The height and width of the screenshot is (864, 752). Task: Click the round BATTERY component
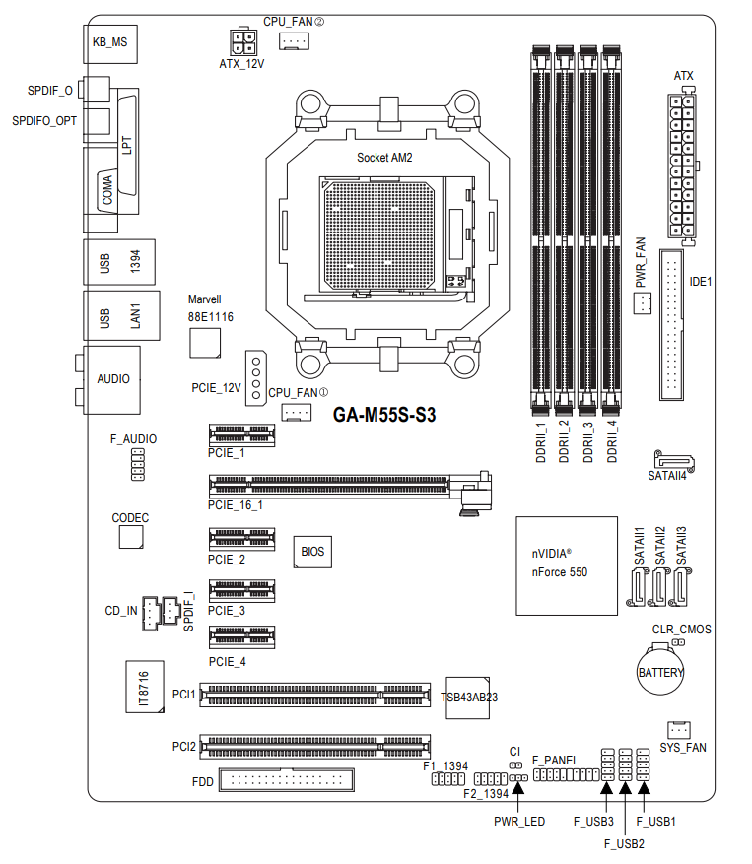coord(659,672)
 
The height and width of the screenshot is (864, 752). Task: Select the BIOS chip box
coord(311,551)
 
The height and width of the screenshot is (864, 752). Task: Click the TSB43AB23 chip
coord(468,697)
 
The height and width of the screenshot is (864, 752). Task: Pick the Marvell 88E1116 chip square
coord(205,341)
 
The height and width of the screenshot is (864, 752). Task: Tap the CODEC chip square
coord(131,537)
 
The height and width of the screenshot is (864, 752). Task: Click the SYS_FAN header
coord(677,730)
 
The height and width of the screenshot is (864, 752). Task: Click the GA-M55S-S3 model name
coord(384,416)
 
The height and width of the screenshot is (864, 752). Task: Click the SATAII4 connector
coord(674,460)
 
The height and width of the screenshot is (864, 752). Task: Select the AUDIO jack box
coord(112,378)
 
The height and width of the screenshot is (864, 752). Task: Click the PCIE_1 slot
coord(241,433)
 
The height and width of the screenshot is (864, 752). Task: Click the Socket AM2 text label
coord(385,158)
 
